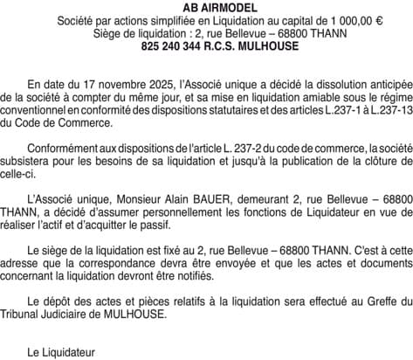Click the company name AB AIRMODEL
coord(206,7)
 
